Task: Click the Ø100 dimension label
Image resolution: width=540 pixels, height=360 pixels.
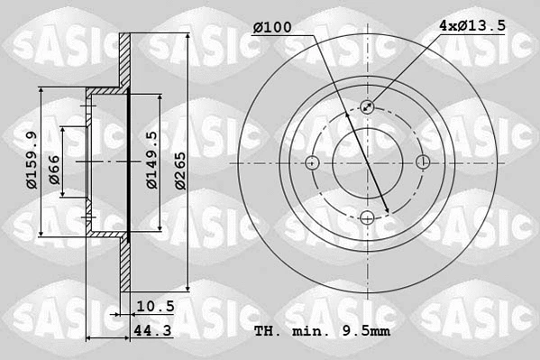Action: (x=272, y=28)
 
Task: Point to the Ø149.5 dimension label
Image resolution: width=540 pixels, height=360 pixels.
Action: (x=151, y=160)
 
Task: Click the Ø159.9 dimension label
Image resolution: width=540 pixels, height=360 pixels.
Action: (x=31, y=161)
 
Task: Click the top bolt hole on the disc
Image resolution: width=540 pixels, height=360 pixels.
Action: (x=368, y=107)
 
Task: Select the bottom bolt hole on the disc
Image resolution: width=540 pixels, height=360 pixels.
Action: (x=368, y=217)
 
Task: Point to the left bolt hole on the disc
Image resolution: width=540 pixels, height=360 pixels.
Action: (x=313, y=162)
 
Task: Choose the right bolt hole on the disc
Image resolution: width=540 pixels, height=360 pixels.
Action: (x=423, y=162)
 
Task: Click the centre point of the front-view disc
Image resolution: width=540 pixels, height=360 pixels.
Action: (x=368, y=162)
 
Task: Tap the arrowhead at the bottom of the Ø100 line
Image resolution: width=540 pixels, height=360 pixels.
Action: (x=388, y=213)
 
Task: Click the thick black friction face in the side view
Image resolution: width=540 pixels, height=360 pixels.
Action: (x=129, y=162)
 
